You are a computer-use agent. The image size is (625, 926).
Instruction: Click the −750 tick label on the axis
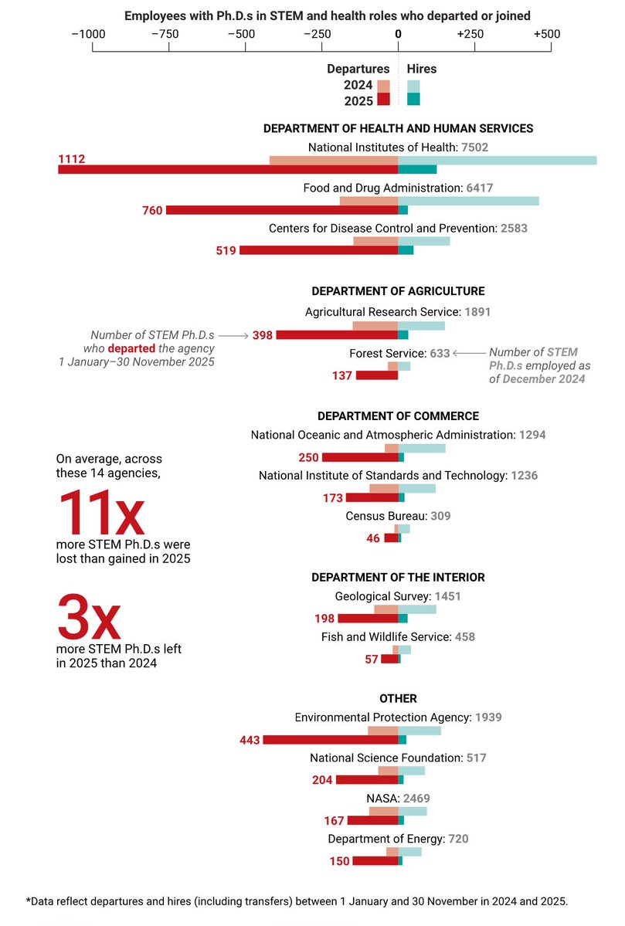coord(167,34)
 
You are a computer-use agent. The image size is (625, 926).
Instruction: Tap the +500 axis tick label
coord(547,34)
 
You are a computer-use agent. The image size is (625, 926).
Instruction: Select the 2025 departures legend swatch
coord(383,100)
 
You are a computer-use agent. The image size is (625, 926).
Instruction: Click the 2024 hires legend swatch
coord(413,86)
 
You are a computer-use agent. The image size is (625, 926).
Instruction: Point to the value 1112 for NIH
coord(71,160)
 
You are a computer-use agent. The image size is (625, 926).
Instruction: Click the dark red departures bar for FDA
coord(282,210)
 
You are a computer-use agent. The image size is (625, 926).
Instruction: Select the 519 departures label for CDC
coord(226,251)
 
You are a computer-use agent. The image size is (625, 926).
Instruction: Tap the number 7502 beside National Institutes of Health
coord(475,147)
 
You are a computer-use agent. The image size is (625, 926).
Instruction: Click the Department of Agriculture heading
coord(398,291)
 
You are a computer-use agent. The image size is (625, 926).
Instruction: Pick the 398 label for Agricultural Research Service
coord(263,335)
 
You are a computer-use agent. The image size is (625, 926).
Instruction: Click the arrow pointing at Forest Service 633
coord(469,353)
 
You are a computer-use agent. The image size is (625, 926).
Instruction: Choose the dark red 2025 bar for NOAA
coord(360,458)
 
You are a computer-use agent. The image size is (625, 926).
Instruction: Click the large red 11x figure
coord(100,513)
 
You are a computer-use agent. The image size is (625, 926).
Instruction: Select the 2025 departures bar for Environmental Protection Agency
coord(331,740)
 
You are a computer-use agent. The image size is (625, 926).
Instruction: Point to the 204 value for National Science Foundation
coord(322,780)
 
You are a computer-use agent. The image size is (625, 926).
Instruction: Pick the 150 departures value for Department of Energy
coord(339,861)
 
